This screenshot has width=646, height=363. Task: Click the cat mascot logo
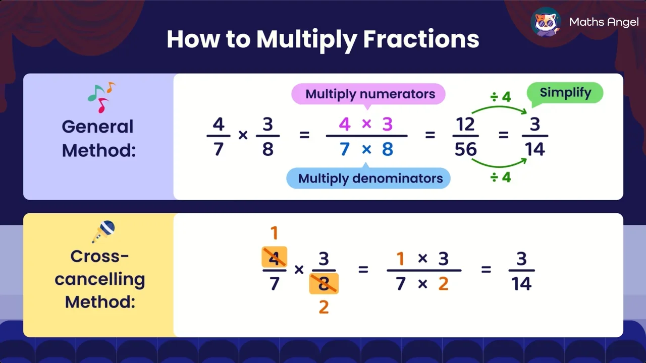pos(547,22)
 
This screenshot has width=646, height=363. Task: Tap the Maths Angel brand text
pos(604,22)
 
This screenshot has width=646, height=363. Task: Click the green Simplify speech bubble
pos(565,93)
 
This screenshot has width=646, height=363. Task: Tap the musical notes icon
pos(101,97)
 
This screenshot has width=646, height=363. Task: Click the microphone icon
pos(103,232)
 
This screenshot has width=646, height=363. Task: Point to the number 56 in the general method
pos(465,149)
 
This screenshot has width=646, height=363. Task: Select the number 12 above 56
pos(465,124)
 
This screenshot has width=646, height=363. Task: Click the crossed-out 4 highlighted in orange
pos(274,257)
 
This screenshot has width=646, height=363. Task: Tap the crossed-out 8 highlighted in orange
pos(324,284)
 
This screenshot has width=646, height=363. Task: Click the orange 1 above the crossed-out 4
pos(274,233)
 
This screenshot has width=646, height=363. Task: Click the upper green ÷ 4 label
pos(501,97)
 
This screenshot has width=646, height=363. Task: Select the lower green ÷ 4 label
pos(501,177)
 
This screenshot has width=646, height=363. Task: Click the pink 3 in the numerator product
pos(387,124)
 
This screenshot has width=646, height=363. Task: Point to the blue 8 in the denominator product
pos(387,149)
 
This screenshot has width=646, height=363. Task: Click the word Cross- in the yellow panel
pos(99,256)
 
